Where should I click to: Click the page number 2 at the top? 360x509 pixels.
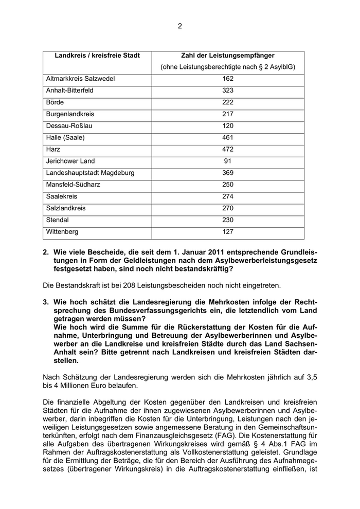[x=180, y=26]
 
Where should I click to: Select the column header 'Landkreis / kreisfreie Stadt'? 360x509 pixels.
[x=97, y=56]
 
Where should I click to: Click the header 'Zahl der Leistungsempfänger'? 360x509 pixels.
[x=228, y=56]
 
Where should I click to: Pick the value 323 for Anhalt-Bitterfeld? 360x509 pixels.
[x=228, y=90]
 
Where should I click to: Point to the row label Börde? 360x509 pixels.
[x=55, y=102]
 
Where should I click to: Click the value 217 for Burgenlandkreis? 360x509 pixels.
[x=228, y=114]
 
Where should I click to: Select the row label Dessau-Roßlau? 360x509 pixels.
[x=69, y=126]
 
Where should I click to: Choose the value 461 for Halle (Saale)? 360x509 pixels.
[x=228, y=138]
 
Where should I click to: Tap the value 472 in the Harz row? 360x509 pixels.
[x=228, y=150]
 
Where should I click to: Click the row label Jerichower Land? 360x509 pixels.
[x=70, y=161]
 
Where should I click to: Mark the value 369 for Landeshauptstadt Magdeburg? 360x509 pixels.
[x=228, y=173]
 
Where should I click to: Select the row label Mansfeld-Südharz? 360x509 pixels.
[x=75, y=185]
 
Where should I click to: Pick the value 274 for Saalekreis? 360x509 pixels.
[x=228, y=196]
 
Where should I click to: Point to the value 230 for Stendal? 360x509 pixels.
[x=228, y=220]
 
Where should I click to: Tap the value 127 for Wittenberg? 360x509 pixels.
[x=228, y=232]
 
